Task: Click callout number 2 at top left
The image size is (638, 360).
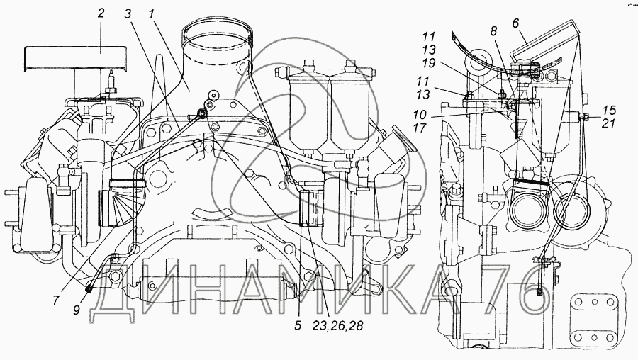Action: [101, 13]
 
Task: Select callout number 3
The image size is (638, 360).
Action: [127, 13]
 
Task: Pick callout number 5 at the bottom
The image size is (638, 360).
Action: [298, 327]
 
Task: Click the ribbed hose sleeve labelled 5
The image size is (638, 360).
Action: [311, 208]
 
